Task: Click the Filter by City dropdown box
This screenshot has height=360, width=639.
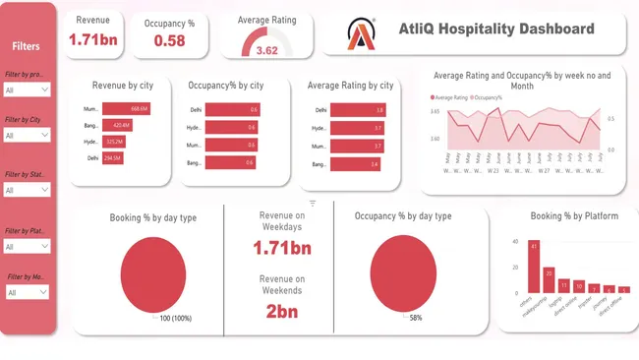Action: pyautogui.click(x=27, y=135)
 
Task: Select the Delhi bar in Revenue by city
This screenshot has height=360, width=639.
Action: pyautogui.click(x=113, y=157)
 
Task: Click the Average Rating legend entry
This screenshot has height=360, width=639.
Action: pyautogui.click(x=449, y=97)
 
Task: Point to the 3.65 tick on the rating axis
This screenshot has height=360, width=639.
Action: pyautogui.click(x=435, y=112)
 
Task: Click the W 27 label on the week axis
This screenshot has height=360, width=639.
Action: pyautogui.click(x=543, y=169)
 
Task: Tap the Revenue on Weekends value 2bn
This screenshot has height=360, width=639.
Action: pyautogui.click(x=281, y=311)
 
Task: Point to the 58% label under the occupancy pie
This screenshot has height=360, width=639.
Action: pyautogui.click(x=416, y=318)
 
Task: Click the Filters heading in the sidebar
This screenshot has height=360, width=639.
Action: pyautogui.click(x=28, y=46)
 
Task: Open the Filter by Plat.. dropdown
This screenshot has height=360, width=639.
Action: pyautogui.click(x=27, y=246)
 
